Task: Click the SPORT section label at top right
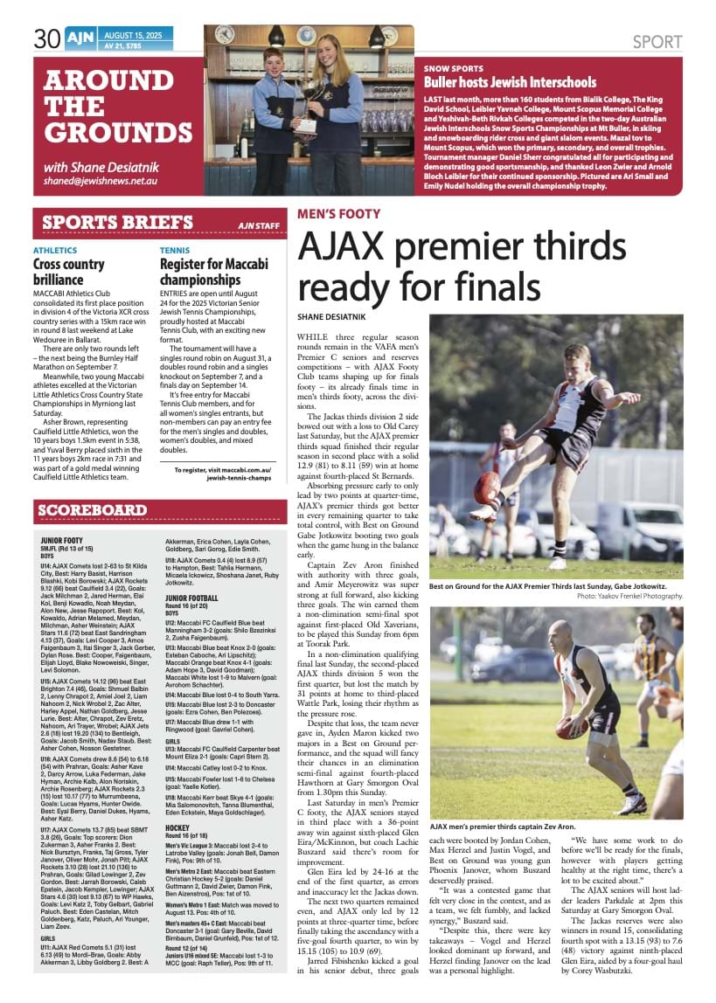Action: click(x=657, y=41)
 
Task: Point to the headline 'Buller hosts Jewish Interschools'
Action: click(x=510, y=82)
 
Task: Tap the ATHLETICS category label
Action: click(x=54, y=250)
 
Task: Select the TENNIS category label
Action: click(x=175, y=250)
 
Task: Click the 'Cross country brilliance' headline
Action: click(x=69, y=271)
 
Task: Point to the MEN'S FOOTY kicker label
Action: click(x=339, y=214)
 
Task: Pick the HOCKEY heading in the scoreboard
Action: click(x=178, y=802)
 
